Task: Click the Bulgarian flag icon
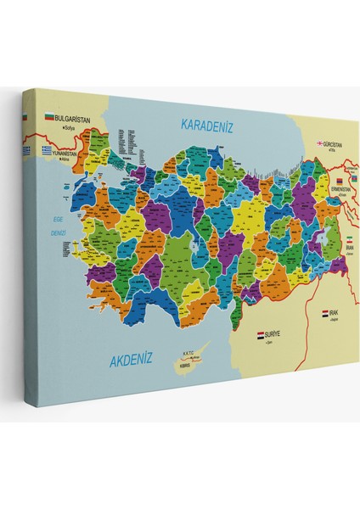(48, 117)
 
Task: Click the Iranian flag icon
(347, 238)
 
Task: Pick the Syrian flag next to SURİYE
(261, 336)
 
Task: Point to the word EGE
(58, 219)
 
